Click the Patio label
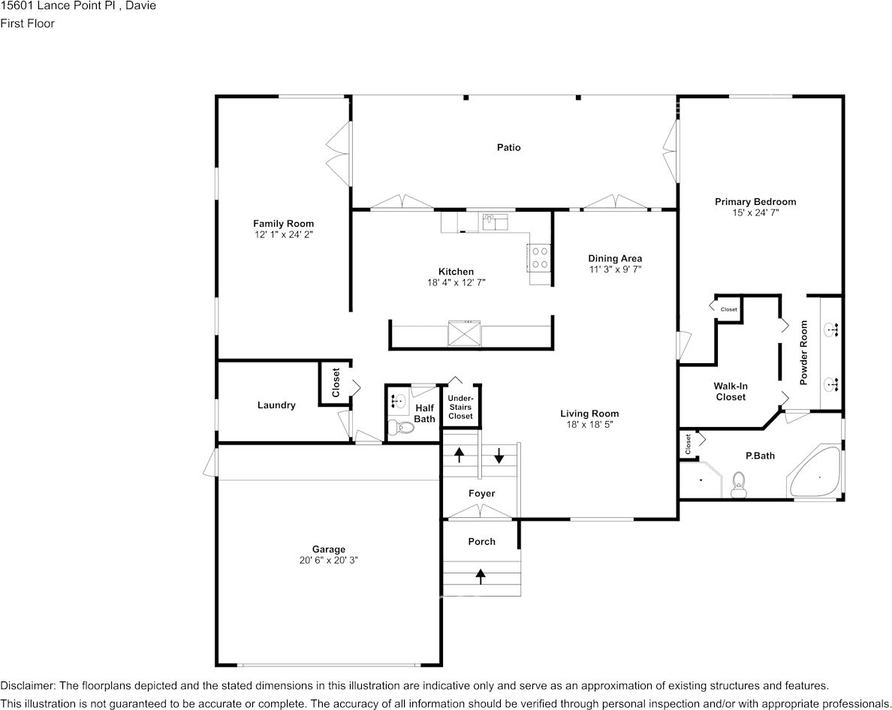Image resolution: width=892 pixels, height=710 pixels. (x=508, y=148)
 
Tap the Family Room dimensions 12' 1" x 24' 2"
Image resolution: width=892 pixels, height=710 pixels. (x=283, y=235)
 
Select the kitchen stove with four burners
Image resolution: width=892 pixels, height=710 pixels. (x=539, y=257)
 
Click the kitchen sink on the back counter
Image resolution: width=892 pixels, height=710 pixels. (x=495, y=222)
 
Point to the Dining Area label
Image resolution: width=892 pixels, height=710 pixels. (x=614, y=259)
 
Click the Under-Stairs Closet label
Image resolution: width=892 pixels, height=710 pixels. (x=460, y=407)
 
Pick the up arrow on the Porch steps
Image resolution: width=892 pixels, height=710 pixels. (x=481, y=576)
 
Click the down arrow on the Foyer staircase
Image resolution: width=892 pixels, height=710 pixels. (x=499, y=454)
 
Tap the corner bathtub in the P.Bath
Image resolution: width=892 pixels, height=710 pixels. (x=815, y=473)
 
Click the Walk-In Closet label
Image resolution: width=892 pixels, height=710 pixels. (x=731, y=391)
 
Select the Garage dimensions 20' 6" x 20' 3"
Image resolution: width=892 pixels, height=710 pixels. (x=328, y=561)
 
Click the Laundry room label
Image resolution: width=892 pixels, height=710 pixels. (x=276, y=405)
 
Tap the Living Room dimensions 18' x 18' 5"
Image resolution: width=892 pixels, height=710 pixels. (x=589, y=425)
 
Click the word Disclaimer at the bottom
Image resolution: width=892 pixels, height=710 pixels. (x=27, y=686)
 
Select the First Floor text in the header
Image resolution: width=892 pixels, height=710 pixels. (x=27, y=23)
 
